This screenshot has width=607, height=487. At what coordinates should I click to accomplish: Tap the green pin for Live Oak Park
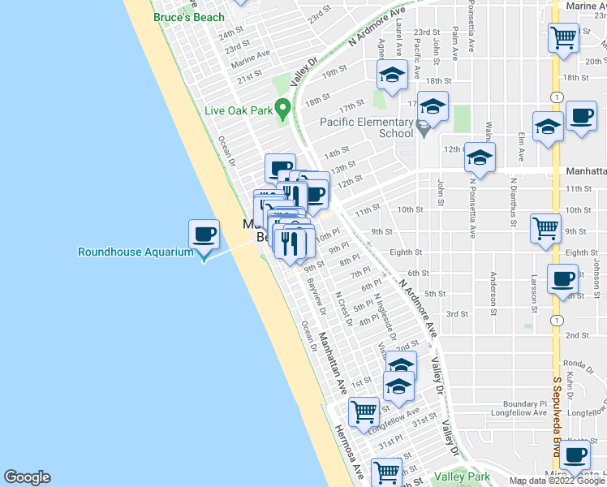point(282,107)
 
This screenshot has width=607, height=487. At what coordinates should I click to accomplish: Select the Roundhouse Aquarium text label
point(136,252)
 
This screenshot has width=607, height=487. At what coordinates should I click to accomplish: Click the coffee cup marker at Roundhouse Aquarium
point(203,235)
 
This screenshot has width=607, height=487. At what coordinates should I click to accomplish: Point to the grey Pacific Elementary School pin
point(422,129)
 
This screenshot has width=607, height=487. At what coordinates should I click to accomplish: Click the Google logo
point(27,477)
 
